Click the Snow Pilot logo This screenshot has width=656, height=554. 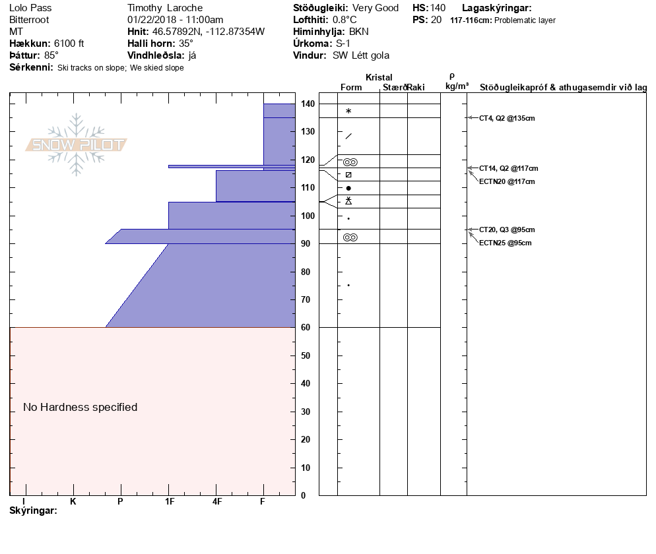[x=77, y=145]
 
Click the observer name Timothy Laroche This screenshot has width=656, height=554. [x=164, y=8]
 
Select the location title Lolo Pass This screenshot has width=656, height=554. [x=30, y=8]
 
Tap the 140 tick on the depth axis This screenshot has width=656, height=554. [x=308, y=104]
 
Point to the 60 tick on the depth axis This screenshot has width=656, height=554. [x=308, y=327]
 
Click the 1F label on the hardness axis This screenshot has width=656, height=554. [x=169, y=502]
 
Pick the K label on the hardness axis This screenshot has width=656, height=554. [x=73, y=502]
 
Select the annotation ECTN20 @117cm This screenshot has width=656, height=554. [x=507, y=181]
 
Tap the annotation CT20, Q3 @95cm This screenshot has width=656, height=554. [x=507, y=230]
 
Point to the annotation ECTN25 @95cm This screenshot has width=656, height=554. [x=505, y=243]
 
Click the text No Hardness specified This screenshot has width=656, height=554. [x=81, y=408]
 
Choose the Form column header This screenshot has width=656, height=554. [x=351, y=87]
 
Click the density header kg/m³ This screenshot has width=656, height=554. [x=457, y=86]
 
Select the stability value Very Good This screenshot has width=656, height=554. [x=376, y=8]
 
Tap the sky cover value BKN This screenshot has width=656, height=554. [x=359, y=32]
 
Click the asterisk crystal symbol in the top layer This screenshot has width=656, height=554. [x=348, y=111]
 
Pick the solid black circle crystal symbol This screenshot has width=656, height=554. [x=348, y=189]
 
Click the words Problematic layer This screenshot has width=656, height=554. [x=525, y=20]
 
